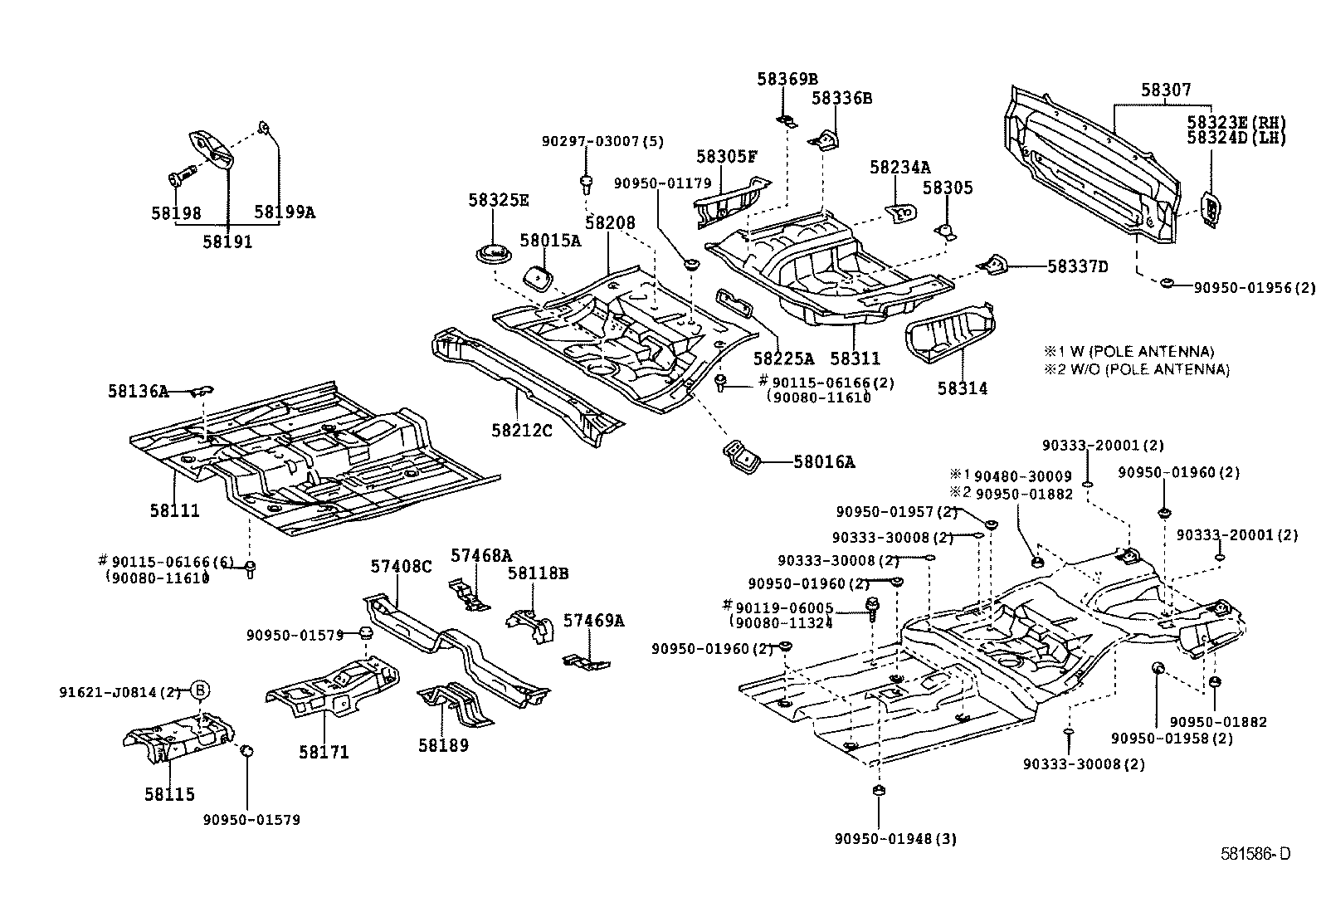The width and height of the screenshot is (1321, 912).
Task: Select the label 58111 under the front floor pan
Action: pyautogui.click(x=174, y=510)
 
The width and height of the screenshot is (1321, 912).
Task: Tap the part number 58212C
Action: pyautogui.click(x=521, y=430)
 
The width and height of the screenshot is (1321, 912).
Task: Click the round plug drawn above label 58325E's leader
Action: pyautogui.click(x=494, y=255)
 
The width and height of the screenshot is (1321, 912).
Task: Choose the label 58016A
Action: pyautogui.click(x=823, y=462)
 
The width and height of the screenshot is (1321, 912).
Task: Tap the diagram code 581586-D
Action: pyautogui.click(x=1255, y=854)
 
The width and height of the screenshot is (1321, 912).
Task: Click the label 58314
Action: pyautogui.click(x=963, y=388)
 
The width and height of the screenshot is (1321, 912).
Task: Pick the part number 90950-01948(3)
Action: pyautogui.click(x=895, y=839)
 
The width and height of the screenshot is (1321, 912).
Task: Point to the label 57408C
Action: pyautogui.click(x=401, y=566)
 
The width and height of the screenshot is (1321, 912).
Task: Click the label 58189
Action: pyautogui.click(x=443, y=745)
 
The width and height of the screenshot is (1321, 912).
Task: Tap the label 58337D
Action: pyautogui.click(x=1077, y=266)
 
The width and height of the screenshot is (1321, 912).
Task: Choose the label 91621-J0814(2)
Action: pyautogui.click(x=119, y=691)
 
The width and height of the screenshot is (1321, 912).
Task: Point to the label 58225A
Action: pyautogui.click(x=783, y=358)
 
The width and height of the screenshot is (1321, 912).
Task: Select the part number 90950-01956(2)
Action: pyautogui.click(x=1255, y=288)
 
